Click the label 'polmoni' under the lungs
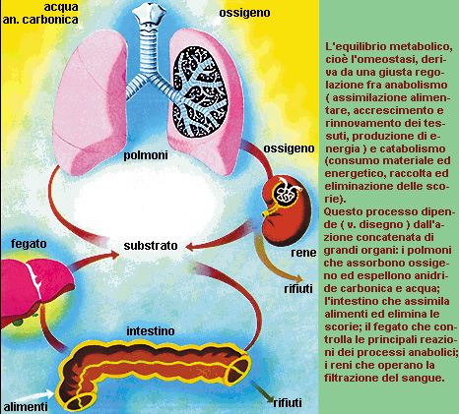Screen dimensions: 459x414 coord(146,154)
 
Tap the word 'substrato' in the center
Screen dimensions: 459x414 coord(151,246)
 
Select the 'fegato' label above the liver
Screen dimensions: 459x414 coord(29,244)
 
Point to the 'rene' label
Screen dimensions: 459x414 coord(303,253)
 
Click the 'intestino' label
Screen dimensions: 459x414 coord(151,331)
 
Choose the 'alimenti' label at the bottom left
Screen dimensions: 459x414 coord(26,407)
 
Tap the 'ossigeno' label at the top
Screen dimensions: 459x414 coord(244,13)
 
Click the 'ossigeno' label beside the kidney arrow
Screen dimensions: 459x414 coord(289,148)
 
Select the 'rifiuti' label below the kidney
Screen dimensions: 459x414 coord(298,289)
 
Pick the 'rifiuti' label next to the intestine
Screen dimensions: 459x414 coord(288,402)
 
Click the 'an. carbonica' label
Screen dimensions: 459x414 coord(40,20)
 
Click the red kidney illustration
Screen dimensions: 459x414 coord(286,209)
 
